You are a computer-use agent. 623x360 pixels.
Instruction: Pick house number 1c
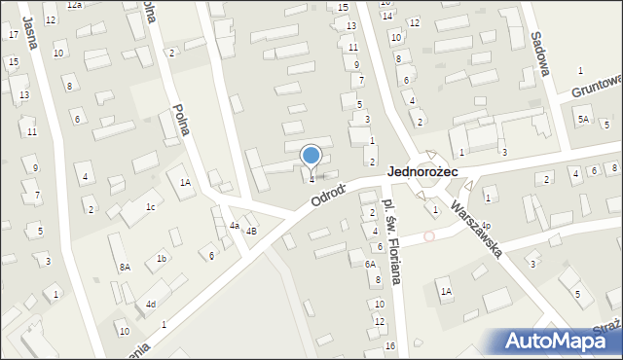click(x=150, y=207)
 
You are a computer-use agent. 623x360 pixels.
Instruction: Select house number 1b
click(x=162, y=258)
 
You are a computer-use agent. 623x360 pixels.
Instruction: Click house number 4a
click(x=234, y=226)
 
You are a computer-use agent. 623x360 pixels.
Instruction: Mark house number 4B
click(x=251, y=232)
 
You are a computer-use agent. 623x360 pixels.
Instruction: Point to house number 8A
click(x=125, y=267)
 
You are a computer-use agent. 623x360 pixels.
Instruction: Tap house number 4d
click(x=150, y=305)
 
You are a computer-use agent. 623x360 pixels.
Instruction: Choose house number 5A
click(x=582, y=120)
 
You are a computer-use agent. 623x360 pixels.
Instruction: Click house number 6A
click(x=370, y=264)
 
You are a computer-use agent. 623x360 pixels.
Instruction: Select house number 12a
click(x=74, y=5)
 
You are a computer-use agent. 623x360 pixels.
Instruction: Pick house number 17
click(x=13, y=34)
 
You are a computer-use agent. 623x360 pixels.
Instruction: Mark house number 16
click(x=389, y=346)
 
